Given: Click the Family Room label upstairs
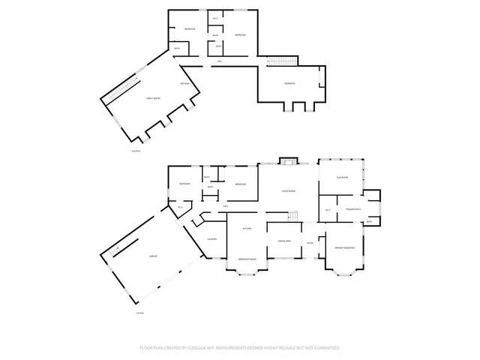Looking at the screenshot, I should coord(151,109).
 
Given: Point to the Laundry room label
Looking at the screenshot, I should coord(212,238).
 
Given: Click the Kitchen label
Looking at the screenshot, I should coord(246,227).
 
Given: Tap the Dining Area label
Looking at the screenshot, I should coord(283,240).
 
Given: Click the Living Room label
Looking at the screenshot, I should coord(287,191).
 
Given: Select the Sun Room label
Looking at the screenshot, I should coord(343,177).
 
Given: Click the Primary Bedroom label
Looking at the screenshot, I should coord(344,247).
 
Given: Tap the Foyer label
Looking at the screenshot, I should coord(309,244).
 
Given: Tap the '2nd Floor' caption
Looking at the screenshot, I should coord(136,151).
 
